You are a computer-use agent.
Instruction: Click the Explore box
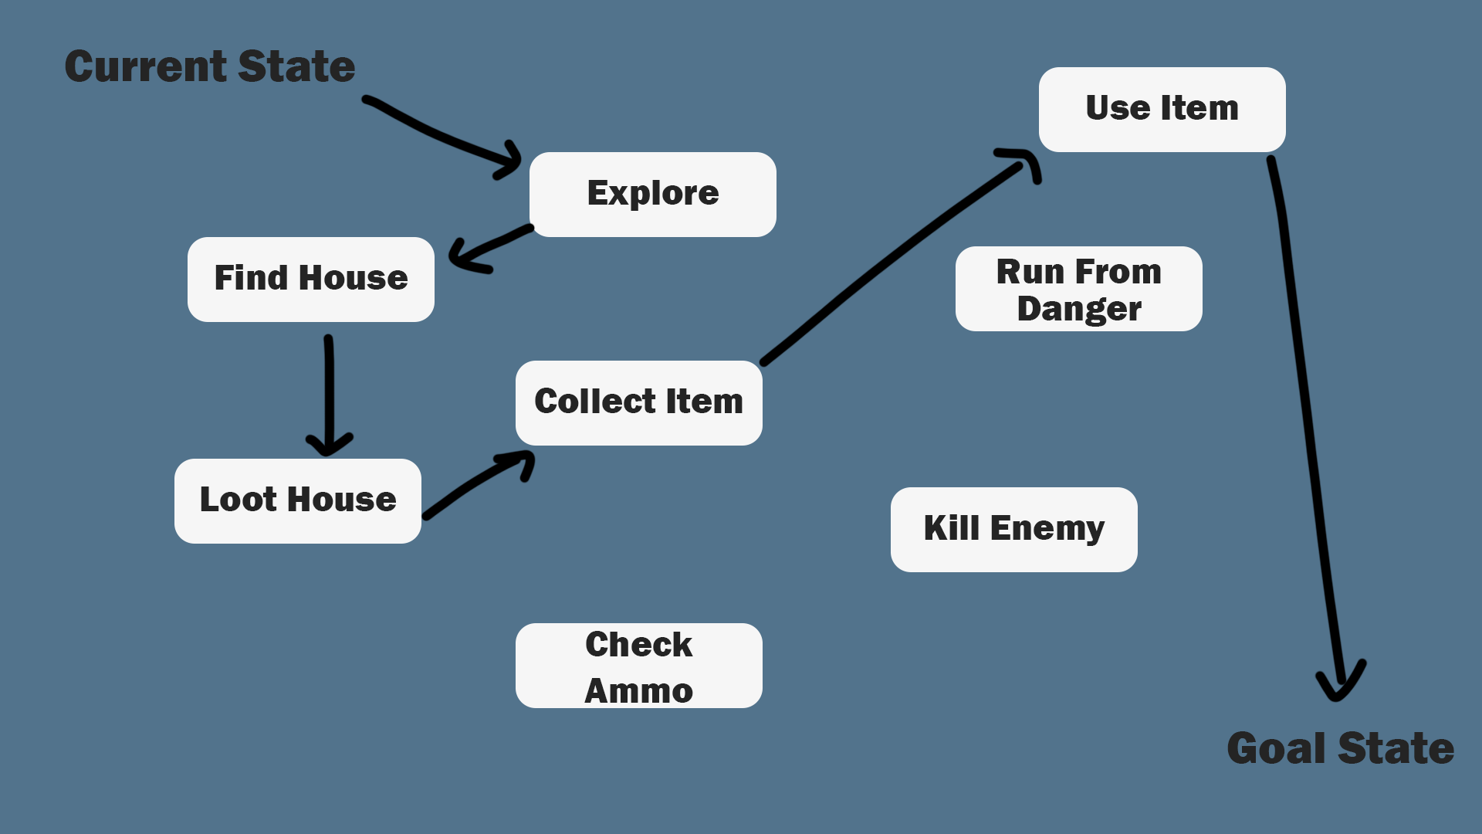(x=652, y=194)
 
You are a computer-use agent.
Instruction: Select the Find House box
(x=310, y=279)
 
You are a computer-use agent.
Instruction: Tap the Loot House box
(x=297, y=500)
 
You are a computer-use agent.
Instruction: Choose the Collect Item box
(x=638, y=402)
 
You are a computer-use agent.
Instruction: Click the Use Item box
(x=1162, y=109)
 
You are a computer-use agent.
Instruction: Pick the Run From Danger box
(x=1078, y=289)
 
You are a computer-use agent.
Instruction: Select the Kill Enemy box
(x=1013, y=529)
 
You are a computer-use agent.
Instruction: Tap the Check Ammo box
(x=638, y=665)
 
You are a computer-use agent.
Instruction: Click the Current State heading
(x=210, y=66)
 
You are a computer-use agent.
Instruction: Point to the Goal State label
(x=1340, y=748)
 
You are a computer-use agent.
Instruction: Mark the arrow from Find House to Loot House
(x=330, y=394)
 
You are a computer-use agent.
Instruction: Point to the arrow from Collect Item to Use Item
(x=895, y=259)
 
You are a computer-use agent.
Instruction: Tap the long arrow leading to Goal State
(x=1304, y=402)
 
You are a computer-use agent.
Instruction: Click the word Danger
(x=1078, y=309)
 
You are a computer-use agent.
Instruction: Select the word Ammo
(x=638, y=690)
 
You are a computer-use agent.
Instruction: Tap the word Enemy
(x=1047, y=529)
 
